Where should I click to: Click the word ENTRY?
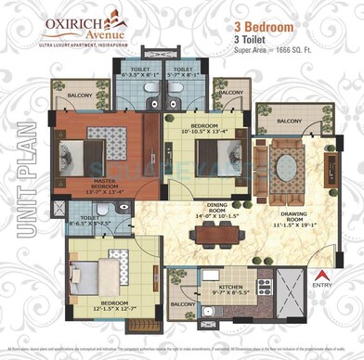point(320,285)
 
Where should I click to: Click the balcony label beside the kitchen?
point(182,303)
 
